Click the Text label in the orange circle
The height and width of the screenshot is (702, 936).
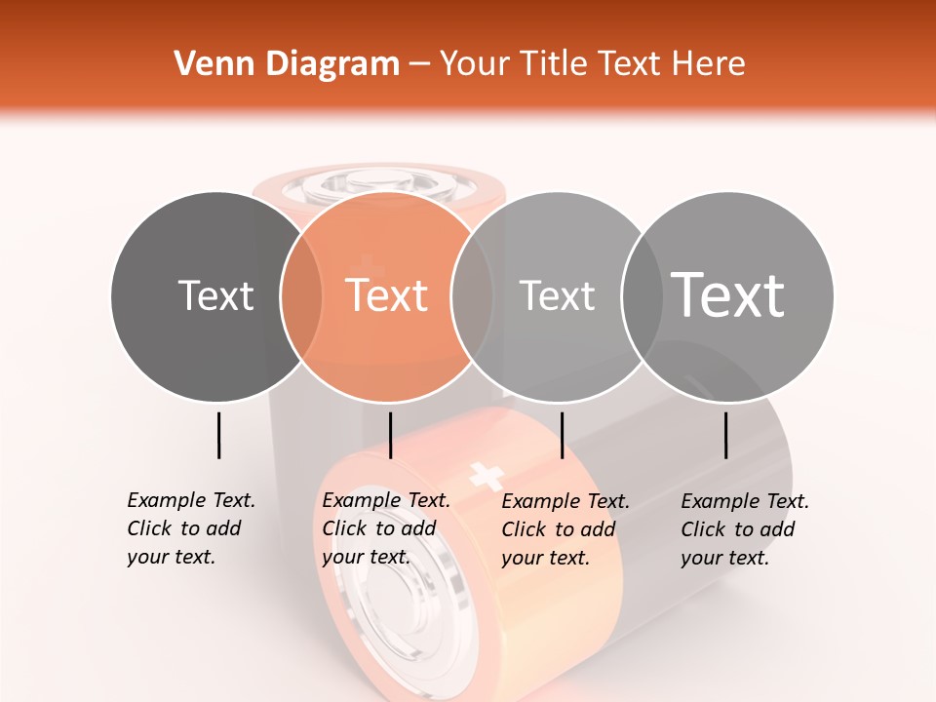point(387,295)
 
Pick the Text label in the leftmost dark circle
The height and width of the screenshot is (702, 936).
point(215,295)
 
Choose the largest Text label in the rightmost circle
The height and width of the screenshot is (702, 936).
point(728,294)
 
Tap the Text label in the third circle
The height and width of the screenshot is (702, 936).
point(557,295)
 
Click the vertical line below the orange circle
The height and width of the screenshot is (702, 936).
point(390,435)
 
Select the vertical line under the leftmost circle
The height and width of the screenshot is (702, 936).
point(218,435)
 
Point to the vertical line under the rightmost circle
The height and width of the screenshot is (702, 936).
point(726,435)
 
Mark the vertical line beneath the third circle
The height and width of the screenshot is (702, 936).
point(562,435)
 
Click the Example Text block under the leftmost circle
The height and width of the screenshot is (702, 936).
point(191,528)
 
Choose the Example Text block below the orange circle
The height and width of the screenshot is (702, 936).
point(386,528)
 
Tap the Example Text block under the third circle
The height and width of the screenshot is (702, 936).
point(565,529)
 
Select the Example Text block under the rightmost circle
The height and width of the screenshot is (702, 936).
point(745,529)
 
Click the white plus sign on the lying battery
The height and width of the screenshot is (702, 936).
point(486,476)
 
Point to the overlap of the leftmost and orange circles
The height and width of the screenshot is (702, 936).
point(301,295)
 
